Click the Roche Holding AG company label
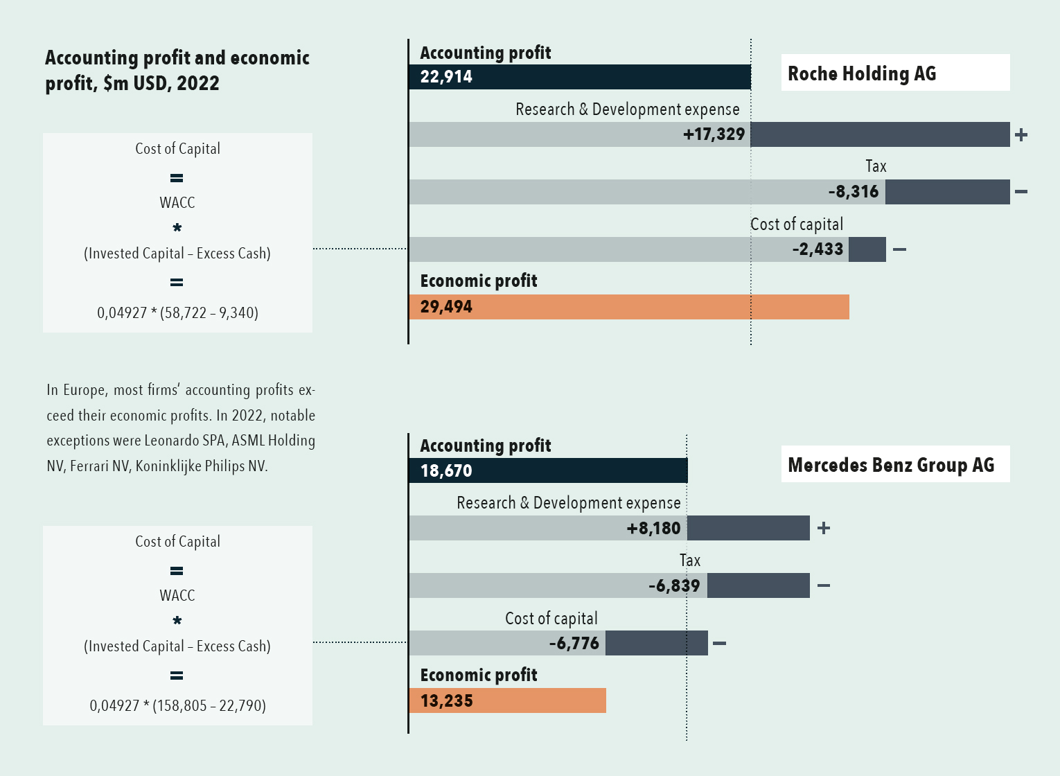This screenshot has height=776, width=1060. click(862, 73)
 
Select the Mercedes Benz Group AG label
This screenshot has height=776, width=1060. click(891, 465)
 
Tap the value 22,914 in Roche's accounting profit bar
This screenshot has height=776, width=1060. click(446, 77)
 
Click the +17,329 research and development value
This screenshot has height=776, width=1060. click(714, 134)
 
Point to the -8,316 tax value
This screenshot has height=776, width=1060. click(854, 192)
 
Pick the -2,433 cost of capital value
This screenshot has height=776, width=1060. click(818, 249)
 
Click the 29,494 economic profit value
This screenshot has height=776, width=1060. click(446, 307)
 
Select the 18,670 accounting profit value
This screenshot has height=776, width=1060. click(446, 471)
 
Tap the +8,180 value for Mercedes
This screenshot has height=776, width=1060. click(653, 529)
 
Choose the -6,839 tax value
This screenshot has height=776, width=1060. click(674, 586)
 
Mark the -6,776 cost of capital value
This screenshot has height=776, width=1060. click(574, 644)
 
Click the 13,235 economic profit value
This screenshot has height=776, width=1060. click(446, 701)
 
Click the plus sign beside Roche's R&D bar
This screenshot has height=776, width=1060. click(1021, 135)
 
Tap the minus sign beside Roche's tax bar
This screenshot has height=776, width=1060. click(1021, 192)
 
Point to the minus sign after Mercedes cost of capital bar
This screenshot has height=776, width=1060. click(719, 644)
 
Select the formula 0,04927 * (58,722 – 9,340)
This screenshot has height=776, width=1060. click(177, 313)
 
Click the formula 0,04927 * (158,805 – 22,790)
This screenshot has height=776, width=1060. click(177, 706)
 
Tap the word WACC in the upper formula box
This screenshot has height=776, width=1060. click(177, 203)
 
